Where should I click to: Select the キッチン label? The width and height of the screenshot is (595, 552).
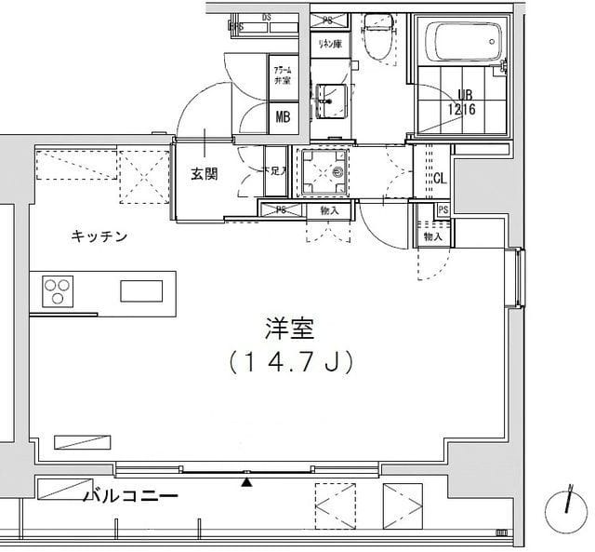coord(99,236)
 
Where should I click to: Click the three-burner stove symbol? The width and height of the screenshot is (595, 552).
coord(57,291)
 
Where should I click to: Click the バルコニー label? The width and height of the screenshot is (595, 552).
coord(130,496)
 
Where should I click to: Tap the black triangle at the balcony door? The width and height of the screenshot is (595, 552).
coord(246,481)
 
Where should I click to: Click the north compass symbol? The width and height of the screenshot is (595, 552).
coord(567,504)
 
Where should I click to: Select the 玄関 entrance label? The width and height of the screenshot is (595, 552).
coord(205,173)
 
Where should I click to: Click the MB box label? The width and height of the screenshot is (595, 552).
coord(282,116)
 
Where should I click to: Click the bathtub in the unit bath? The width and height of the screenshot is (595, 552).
coord(462,43)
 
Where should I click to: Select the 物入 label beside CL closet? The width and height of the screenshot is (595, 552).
coord(432,237)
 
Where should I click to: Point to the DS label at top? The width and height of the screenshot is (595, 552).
coord(266,18)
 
